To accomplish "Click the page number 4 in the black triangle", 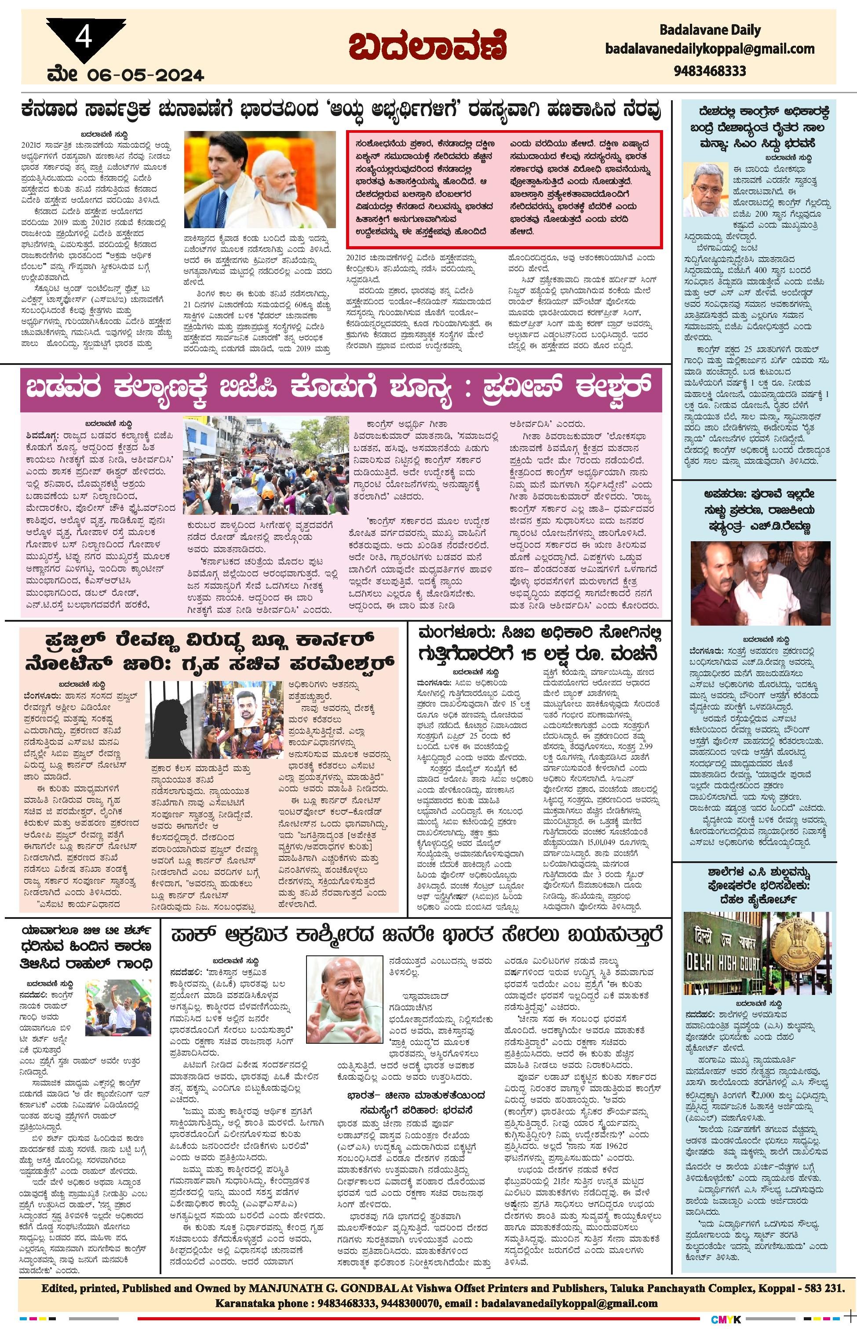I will pos(84,38).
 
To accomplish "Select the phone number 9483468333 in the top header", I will pos(710,71).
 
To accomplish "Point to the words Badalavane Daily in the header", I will pos(710,30).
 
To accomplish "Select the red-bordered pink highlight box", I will pos(504,189).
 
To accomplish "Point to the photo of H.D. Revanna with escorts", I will pos(760,583).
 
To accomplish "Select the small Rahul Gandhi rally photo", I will pos(118,1009).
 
